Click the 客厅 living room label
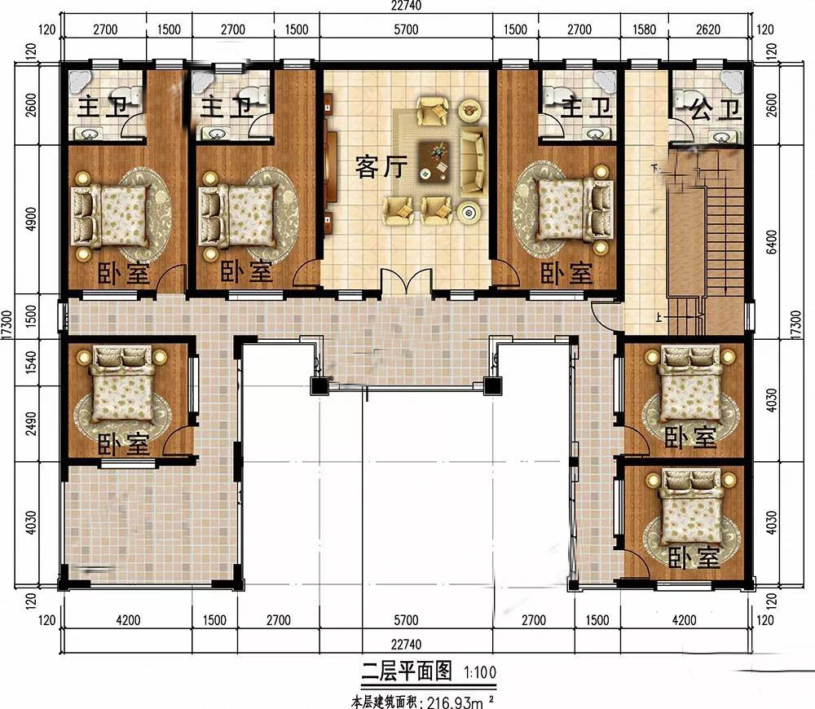pyautogui.click(x=381, y=167)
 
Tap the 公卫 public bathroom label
pyautogui.click(x=714, y=109)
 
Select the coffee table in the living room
pyautogui.click(x=434, y=160)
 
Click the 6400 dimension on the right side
pyautogui.click(x=772, y=242)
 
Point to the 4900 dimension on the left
pyautogui.click(x=31, y=219)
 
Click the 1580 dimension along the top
pyautogui.click(x=644, y=29)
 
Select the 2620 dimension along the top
pyautogui.click(x=708, y=29)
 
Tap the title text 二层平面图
pyautogui.click(x=407, y=671)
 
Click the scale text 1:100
pyautogui.click(x=480, y=672)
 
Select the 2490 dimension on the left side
pyautogui.click(x=31, y=424)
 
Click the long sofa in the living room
pyautogui.click(x=472, y=161)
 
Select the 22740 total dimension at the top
pyautogui.click(x=406, y=5)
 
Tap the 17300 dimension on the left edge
pyautogui.click(x=7, y=325)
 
